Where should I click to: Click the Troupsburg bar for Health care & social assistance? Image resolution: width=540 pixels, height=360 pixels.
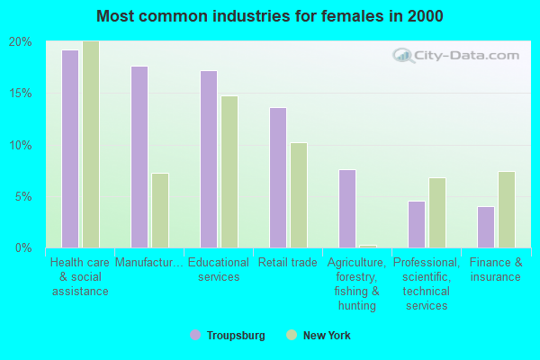70,148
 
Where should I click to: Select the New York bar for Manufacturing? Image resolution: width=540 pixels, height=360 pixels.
160,211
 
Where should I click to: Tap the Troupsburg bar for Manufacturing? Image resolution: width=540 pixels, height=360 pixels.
139,157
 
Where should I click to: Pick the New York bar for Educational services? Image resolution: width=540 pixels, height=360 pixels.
229,172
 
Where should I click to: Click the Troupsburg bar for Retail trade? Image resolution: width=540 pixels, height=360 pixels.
278,178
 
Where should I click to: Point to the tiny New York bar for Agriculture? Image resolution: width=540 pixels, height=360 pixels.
368,247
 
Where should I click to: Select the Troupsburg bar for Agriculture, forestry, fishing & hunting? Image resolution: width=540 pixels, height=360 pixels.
347,209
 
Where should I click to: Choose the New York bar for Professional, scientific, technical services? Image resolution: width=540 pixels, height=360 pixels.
437,213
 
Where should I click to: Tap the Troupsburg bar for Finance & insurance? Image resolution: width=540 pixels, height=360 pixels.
486,227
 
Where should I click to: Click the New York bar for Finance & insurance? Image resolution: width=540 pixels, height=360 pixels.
507,210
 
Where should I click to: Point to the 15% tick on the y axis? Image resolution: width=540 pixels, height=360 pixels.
21,94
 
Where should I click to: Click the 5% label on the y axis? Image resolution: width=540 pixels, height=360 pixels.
23,197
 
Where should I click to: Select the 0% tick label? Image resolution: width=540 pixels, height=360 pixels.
23,247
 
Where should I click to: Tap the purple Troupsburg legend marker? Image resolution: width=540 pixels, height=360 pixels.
195,335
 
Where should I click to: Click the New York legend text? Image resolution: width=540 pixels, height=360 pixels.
327,335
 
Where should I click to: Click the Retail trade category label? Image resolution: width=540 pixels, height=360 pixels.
288,263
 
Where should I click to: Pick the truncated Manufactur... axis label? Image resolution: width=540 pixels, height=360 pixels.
149,263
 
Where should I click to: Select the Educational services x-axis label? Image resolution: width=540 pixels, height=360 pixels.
219,269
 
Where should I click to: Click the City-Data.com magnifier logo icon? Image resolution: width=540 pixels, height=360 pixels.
402,55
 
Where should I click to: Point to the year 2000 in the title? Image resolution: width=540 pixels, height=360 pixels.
426,16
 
